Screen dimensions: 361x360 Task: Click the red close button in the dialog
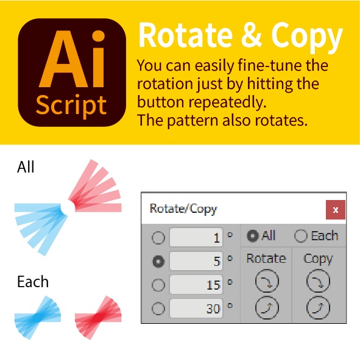click(336, 209)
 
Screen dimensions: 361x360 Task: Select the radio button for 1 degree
click(158, 238)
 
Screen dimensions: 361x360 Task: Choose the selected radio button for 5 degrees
click(158, 261)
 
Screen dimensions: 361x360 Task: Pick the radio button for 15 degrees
click(158, 285)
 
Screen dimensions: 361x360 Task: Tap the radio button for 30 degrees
click(158, 309)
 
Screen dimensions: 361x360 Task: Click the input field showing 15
click(196, 285)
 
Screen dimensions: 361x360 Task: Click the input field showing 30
click(196, 309)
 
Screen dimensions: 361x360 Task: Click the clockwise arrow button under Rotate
click(266, 281)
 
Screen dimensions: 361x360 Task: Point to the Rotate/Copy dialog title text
click(183, 209)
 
